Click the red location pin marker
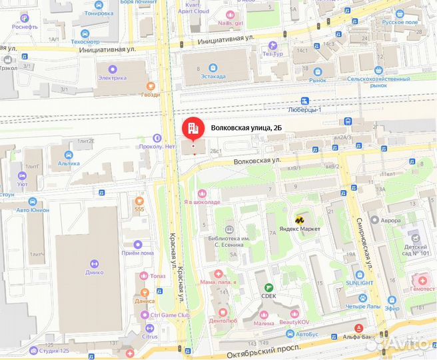coord(193,127)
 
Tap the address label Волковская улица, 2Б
coord(250,127)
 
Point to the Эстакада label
coord(213,77)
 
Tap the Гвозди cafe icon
coord(150,86)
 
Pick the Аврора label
coord(390,220)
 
